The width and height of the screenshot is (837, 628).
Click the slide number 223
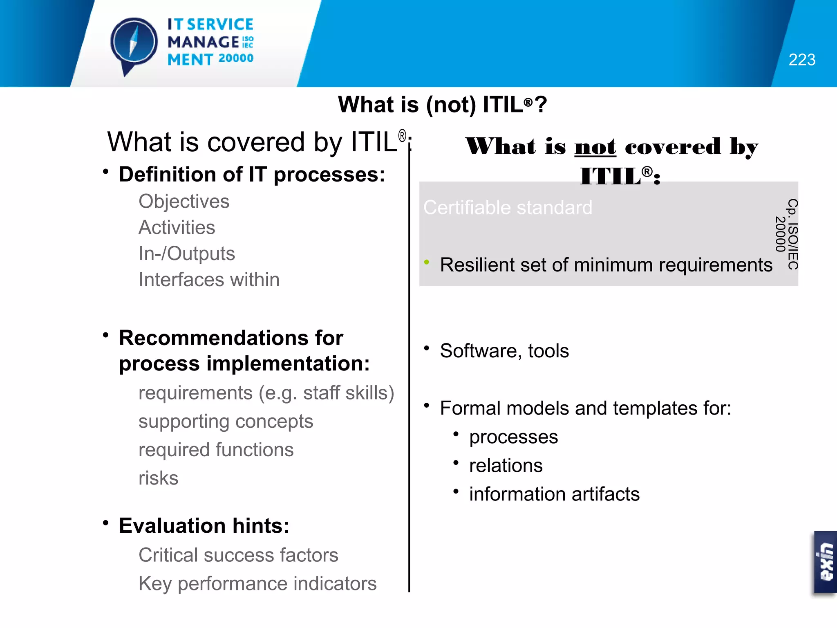coord(801,60)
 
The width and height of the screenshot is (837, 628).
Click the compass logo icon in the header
coord(134,43)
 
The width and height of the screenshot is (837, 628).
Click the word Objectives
coord(184,201)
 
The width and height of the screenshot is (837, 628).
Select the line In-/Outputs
coord(187,253)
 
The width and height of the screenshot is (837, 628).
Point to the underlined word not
coord(595,146)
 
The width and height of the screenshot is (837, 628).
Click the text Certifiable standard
coord(508,207)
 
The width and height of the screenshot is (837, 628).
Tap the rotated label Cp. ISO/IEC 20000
coord(787,234)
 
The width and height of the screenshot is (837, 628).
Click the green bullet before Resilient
coord(426,262)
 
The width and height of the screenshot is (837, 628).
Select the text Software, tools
coord(504,351)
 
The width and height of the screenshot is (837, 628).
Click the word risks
coord(158,478)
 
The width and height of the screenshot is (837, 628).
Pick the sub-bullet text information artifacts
coord(554,494)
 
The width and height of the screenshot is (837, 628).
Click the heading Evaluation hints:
coord(204,525)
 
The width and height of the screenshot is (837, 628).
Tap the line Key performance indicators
coord(257,583)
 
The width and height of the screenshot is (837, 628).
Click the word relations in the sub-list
coord(506,466)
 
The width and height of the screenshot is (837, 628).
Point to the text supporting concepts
coord(226,422)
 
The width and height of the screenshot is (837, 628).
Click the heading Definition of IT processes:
coord(252,175)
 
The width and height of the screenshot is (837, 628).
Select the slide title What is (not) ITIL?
coord(442,104)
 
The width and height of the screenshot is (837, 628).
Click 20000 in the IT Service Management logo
coord(236,58)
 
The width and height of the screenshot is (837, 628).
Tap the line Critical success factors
coord(238,555)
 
